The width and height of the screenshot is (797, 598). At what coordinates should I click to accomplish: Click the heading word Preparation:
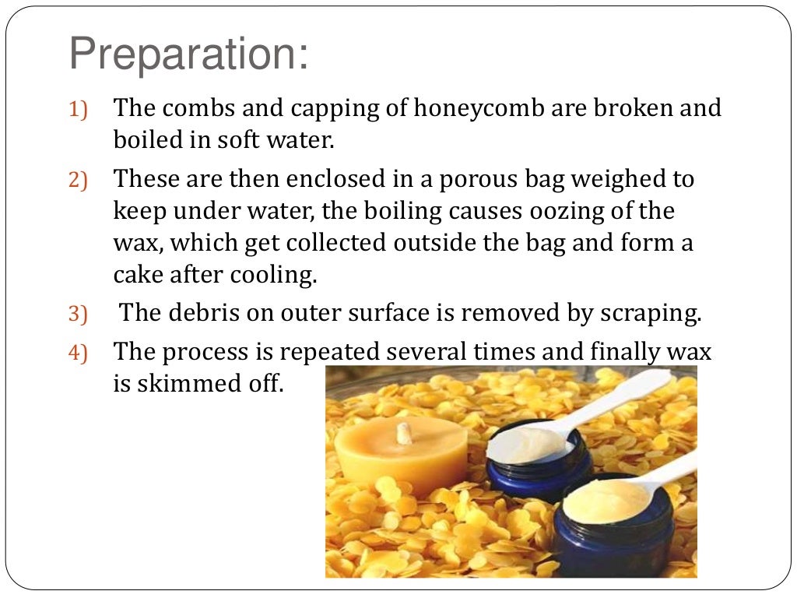point(188,55)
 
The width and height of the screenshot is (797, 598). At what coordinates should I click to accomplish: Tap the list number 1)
point(79,111)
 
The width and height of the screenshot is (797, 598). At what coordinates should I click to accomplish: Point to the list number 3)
point(79,315)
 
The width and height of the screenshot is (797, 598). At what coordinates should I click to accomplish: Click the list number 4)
point(79,354)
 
